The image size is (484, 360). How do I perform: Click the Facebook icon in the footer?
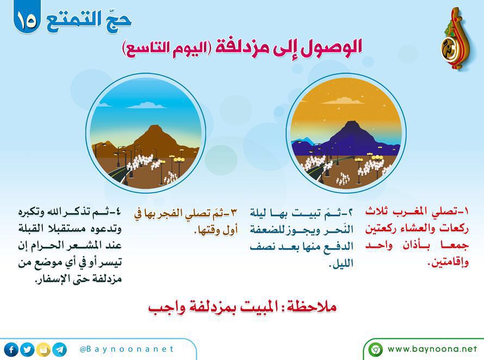coord(11,350)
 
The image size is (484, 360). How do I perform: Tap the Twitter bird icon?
coord(28,350)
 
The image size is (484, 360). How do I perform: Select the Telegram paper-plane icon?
coord(60,350)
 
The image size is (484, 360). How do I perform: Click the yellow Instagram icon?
coord(44,350)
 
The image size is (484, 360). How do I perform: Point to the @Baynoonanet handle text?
coord(127,349)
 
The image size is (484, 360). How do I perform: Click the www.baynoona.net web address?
coord(432,349)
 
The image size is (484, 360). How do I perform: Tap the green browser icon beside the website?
coord(376,350)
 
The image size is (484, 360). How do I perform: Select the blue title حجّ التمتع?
coord(89,21)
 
